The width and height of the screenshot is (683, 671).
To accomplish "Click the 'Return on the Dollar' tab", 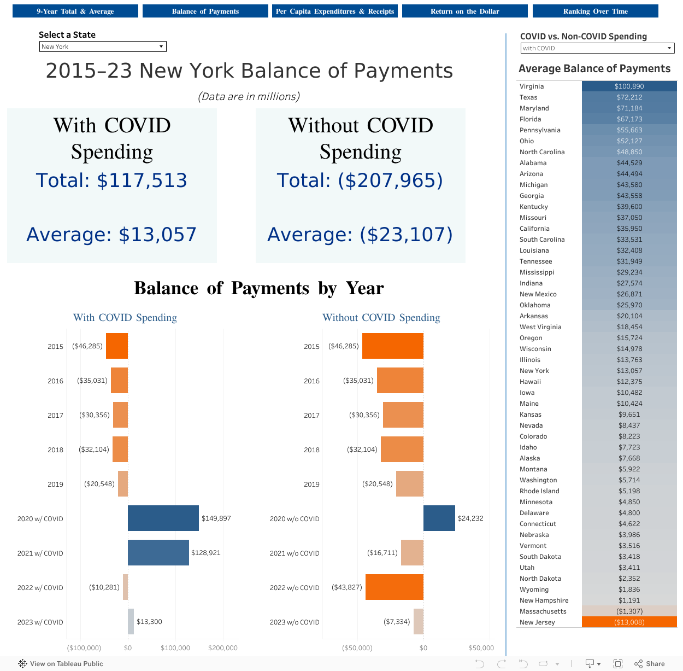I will pos(464,11).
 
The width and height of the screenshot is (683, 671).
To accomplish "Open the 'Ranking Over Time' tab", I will pos(595,11).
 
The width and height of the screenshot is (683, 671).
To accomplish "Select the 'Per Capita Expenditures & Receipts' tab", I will pos(334,11).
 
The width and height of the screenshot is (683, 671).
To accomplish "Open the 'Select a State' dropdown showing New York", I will pos(103,46).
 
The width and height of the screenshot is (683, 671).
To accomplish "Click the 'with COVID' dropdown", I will pos(597,48).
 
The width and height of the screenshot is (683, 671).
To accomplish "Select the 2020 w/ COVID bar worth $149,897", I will pos(163,518).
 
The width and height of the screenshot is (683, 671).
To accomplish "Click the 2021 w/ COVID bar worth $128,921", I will pos(158,552).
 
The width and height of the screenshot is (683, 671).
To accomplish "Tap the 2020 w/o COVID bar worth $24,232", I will pos(439,518).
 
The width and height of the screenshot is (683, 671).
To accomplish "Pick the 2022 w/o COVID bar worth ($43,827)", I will pos(394,587).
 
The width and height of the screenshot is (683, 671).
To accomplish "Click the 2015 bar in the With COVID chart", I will pos(116,346).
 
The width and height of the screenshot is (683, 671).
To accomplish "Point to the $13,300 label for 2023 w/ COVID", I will pos(149,622).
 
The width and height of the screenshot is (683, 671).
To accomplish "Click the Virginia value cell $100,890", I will pos(629,86).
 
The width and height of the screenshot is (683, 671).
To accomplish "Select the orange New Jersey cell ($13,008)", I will pos(629,622).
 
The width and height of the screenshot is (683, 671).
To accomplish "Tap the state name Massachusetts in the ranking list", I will pos(543,611).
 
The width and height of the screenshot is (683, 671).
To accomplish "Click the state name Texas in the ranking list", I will pos(528,97).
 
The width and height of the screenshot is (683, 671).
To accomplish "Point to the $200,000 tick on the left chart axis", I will pos(222,648).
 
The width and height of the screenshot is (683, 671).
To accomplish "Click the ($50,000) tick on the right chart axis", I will pos(357,648).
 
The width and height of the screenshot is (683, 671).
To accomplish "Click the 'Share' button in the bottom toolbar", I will pos(650,664).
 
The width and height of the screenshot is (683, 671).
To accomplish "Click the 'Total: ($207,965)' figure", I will pos(360,180).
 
